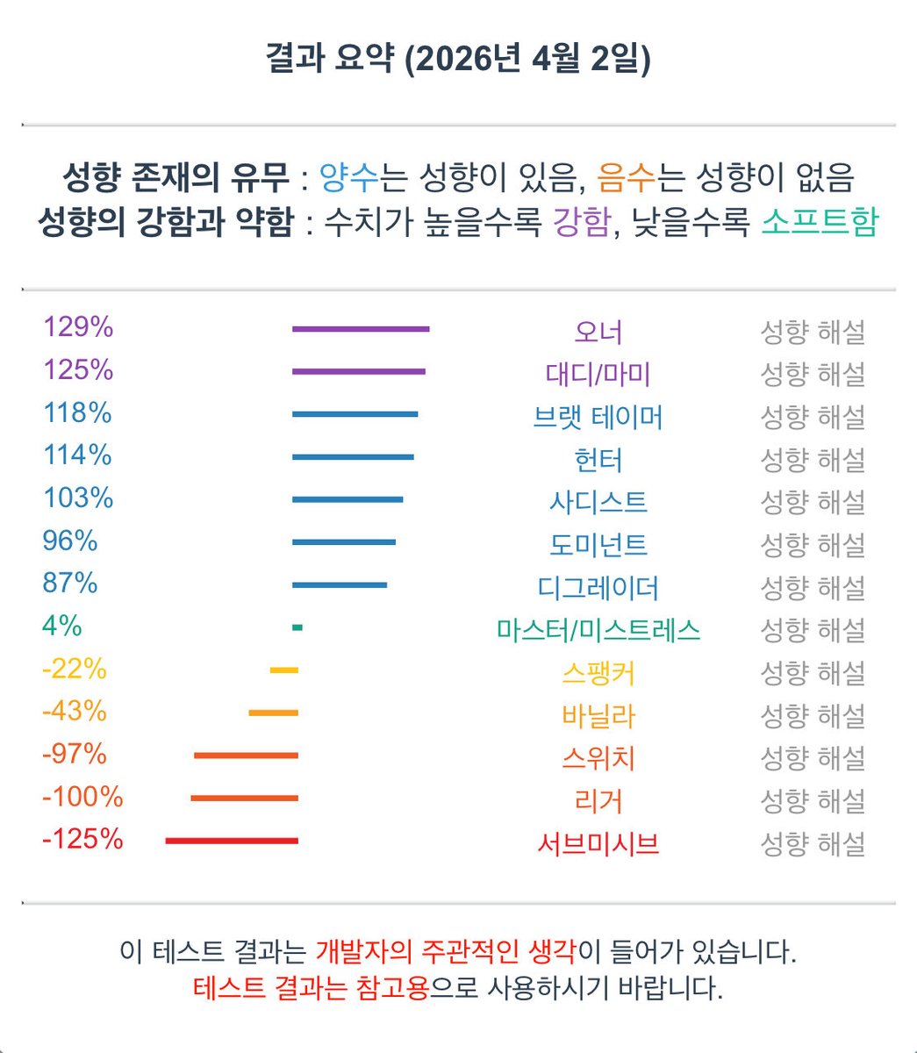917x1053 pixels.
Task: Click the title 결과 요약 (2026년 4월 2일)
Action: (x=458, y=61)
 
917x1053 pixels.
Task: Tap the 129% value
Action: (x=78, y=327)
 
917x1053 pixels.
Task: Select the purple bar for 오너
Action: (x=361, y=329)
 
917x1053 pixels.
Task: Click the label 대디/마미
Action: (x=598, y=375)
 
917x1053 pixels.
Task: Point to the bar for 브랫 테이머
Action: (x=355, y=414)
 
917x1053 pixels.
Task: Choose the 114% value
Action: (x=78, y=455)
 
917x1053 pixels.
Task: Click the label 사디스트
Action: (x=598, y=502)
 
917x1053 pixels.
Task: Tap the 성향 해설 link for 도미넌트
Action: (x=812, y=545)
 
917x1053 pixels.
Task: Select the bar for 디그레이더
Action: (x=339, y=584)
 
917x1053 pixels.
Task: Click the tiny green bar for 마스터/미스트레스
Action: (x=297, y=627)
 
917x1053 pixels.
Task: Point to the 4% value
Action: (x=61, y=627)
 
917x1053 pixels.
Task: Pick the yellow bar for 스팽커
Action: (x=284, y=670)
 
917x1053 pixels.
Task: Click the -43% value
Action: (x=74, y=711)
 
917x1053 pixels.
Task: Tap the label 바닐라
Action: (x=598, y=716)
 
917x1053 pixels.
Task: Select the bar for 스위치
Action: (x=246, y=756)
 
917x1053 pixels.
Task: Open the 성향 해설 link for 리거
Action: (x=812, y=801)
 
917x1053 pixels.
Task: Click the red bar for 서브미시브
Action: (x=232, y=841)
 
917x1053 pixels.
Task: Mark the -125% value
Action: (x=82, y=840)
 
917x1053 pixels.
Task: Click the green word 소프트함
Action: (x=819, y=221)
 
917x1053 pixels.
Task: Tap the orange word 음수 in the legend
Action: (x=626, y=178)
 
